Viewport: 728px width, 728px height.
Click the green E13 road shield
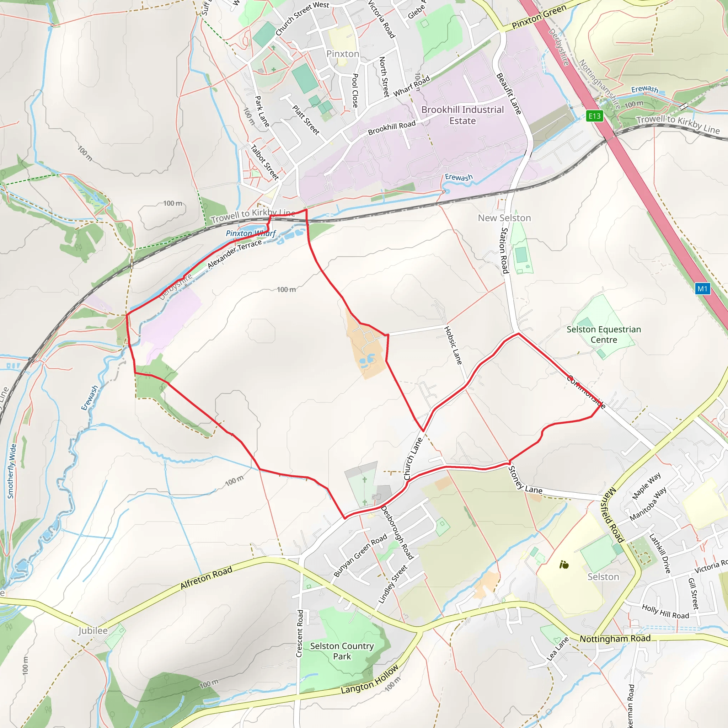coord(595,116)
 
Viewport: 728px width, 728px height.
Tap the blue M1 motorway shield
coord(702,289)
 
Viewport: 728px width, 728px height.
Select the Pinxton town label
coord(343,54)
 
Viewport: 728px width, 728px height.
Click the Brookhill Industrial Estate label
coord(462,115)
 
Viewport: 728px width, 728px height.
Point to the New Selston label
coord(504,218)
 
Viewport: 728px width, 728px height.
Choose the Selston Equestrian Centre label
coord(604,334)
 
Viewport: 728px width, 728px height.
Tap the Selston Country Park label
coord(342,651)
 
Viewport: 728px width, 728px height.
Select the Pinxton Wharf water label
coord(251,233)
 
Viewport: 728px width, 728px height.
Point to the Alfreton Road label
coord(206,578)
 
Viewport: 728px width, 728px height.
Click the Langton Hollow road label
coord(370,679)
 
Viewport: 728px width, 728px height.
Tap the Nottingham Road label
coord(615,638)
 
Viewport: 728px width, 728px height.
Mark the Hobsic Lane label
coord(453,345)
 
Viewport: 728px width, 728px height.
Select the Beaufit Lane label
coord(509,93)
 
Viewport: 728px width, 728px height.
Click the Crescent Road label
coord(300,633)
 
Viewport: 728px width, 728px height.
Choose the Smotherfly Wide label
coord(12,471)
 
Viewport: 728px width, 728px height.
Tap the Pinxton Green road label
coord(539,17)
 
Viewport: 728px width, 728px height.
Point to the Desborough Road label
coord(397,532)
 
